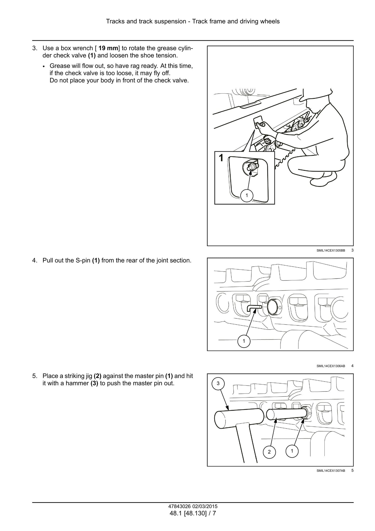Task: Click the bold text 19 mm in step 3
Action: [108, 48]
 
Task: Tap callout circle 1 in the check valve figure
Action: [247, 195]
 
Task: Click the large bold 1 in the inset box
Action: [221, 158]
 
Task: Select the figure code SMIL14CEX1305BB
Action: [331, 251]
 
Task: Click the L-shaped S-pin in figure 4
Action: [253, 308]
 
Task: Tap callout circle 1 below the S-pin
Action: [244, 341]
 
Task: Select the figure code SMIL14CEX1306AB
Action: [331, 366]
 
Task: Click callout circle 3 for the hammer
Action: [218, 383]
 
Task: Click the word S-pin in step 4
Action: [83, 260]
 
